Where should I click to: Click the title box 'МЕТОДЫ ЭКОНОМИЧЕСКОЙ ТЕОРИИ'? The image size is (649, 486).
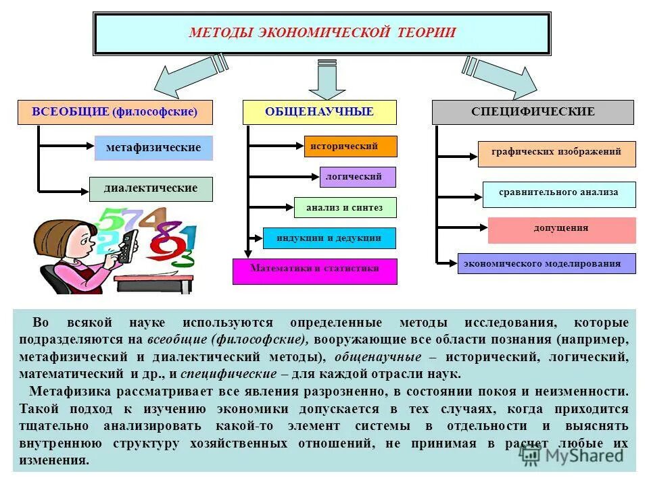coord(322,33)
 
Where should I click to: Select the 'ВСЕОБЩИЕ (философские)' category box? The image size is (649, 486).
coord(115,112)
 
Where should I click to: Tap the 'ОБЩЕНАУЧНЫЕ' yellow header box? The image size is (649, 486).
coord(319,112)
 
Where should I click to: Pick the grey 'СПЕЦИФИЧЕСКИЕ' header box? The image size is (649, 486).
coord(533,112)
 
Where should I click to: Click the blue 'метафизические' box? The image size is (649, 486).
coord(153,148)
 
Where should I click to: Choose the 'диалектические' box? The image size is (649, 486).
coord(151,189)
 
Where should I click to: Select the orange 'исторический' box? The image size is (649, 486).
coord(344,146)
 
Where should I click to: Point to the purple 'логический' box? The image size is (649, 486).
coord(358,177)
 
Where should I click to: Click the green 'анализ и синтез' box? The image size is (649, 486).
coord(345,208)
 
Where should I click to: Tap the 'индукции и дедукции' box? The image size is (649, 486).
coord(329,238)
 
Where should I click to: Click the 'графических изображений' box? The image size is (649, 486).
coord(556,153)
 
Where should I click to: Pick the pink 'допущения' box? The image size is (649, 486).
coord(561,230)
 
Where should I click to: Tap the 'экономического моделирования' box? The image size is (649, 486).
coord(547,263)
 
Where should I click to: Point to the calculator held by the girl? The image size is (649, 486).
coord(127,246)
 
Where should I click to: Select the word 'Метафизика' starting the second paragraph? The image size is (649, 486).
coord(64,391)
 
